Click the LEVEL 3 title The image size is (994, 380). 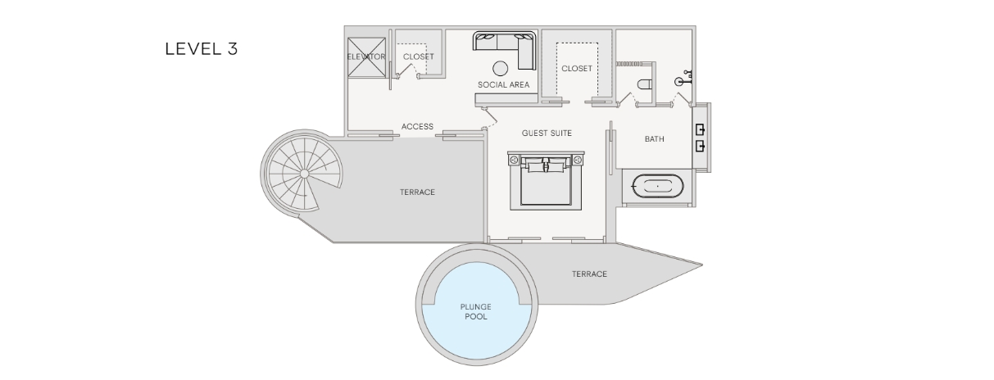(x=202, y=49)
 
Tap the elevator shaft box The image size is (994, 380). (x=366, y=57)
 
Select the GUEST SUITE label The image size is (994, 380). (x=547, y=133)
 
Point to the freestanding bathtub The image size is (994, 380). (x=658, y=186)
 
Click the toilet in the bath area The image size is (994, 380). (x=644, y=84)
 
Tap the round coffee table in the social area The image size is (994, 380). (x=500, y=68)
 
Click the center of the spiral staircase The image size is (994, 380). (x=304, y=174)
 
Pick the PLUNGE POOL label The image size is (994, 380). (x=476, y=312)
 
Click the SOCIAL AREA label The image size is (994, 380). (x=504, y=84)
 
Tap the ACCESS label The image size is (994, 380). (x=418, y=127)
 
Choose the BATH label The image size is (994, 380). (x=655, y=139)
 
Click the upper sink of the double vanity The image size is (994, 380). (x=701, y=129)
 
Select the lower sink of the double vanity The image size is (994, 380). (x=701, y=146)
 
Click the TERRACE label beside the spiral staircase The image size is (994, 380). (x=417, y=192)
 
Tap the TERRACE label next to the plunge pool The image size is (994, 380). (x=589, y=274)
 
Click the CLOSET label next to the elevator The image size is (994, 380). (x=419, y=57)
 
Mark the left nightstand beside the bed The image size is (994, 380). (x=515, y=159)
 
